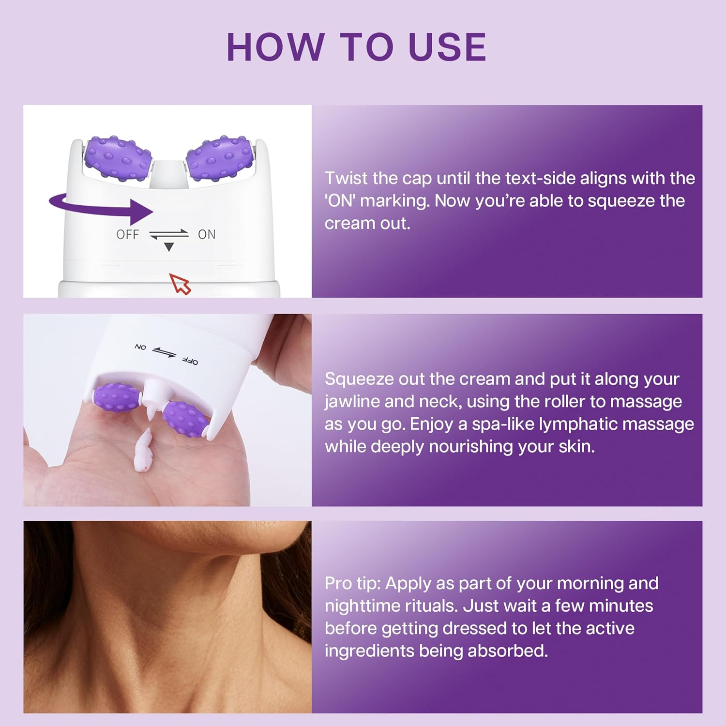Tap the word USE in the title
[447, 47]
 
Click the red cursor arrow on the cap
[180, 283]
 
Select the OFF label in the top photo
[128, 235]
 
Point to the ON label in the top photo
[207, 235]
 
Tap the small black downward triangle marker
[168, 247]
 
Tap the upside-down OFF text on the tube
[190, 361]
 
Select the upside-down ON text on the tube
[140, 347]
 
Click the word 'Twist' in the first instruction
[346, 179]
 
